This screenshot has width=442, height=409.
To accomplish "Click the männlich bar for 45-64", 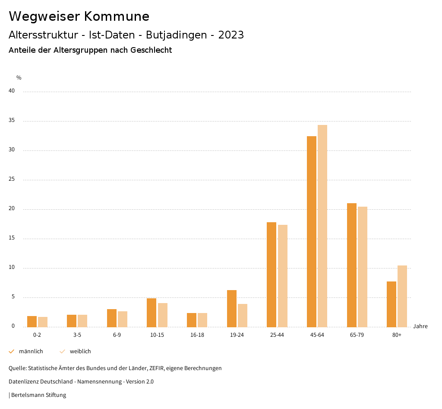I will pyautogui.click(x=312, y=231).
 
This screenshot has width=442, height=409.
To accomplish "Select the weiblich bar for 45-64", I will pyautogui.click(x=322, y=226).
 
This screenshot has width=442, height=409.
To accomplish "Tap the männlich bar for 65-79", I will pyautogui.click(x=352, y=265).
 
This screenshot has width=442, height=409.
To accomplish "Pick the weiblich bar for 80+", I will pyautogui.click(x=402, y=296).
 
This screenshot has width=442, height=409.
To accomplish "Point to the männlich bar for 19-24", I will pyautogui.click(x=232, y=308).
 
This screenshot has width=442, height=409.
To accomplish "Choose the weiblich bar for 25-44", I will pyautogui.click(x=283, y=276).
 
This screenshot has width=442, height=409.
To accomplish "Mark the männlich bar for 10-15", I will pyautogui.click(x=152, y=313).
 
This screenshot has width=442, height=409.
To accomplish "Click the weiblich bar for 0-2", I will pyautogui.click(x=43, y=322).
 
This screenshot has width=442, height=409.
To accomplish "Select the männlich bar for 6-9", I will pyautogui.click(x=112, y=318).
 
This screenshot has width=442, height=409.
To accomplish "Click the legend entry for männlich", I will pyautogui.click(x=26, y=351).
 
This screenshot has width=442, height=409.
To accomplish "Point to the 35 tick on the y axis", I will pyautogui.click(x=12, y=121).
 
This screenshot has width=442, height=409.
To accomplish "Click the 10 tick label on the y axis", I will pyautogui.click(x=12, y=267).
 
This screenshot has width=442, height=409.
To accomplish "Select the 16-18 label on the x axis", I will pyautogui.click(x=197, y=335).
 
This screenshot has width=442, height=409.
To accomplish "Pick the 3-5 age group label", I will pyautogui.click(x=77, y=335).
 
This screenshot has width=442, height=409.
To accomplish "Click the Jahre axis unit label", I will pyautogui.click(x=420, y=326).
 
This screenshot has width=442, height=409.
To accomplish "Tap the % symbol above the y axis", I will pyautogui.click(x=19, y=78).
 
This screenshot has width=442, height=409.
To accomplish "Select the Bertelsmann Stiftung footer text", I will pyautogui.click(x=38, y=395).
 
